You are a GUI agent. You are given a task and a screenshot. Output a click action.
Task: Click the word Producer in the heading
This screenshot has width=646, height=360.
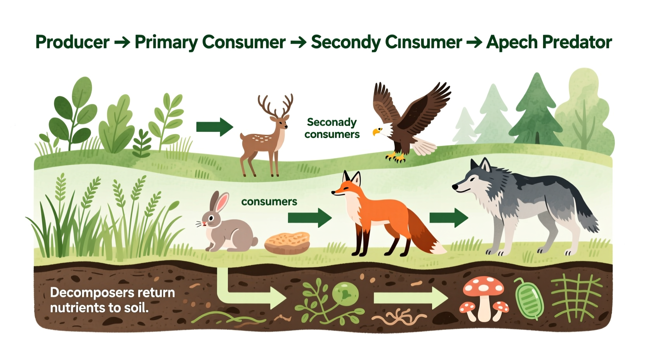point(72,42)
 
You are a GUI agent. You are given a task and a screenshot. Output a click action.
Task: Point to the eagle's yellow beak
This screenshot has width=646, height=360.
point(375,133)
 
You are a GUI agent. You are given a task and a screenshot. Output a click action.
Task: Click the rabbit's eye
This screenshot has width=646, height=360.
point(211,218)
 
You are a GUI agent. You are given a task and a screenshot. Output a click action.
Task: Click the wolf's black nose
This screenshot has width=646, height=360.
point(454,187)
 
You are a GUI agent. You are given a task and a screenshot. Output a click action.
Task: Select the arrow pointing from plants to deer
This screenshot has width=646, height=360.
point(214,127)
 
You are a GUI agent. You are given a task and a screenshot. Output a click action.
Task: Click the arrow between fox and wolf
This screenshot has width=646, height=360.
point(448,218)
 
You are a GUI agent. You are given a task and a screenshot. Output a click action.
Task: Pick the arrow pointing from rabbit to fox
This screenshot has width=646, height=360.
point(309,218)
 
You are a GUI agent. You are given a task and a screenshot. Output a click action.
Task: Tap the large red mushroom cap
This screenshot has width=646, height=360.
point(483,286)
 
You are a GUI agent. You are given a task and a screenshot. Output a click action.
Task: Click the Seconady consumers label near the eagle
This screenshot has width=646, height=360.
point(332,128)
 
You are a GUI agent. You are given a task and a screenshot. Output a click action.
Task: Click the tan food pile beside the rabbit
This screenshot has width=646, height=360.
point(287,242)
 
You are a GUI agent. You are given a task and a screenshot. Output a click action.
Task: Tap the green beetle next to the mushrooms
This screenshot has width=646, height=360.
point(529,298)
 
